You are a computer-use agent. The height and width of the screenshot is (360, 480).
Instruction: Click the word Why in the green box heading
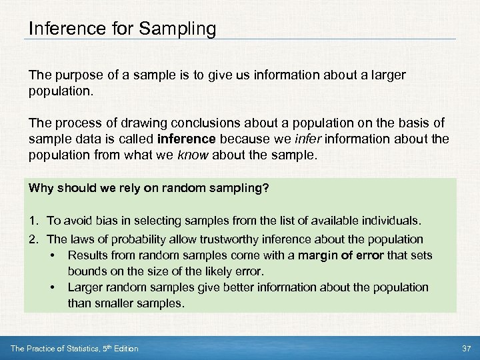click(40, 189)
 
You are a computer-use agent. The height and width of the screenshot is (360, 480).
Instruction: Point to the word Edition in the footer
click(124, 349)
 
